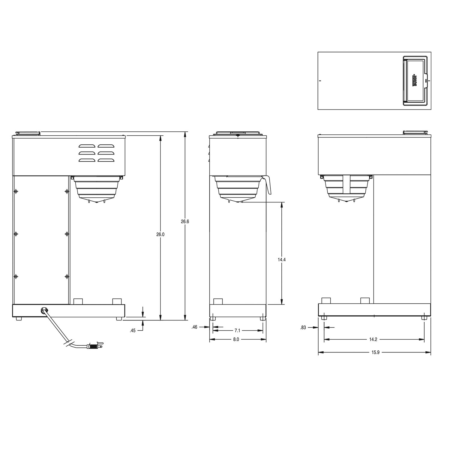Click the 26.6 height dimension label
coord(185,222)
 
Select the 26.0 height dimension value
coord(160,235)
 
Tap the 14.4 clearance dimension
coord(281,260)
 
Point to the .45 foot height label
coord(132,331)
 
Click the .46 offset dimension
coord(194,327)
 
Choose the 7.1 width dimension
coord(237,331)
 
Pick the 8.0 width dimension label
coord(236,339)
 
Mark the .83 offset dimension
coord(303,328)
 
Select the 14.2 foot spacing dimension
coord(373,339)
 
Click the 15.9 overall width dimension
coord(375,352)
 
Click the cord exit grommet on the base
coord(44,310)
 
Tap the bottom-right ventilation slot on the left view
coord(106,160)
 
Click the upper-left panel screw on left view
coord(16,191)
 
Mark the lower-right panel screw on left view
coord(67,276)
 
